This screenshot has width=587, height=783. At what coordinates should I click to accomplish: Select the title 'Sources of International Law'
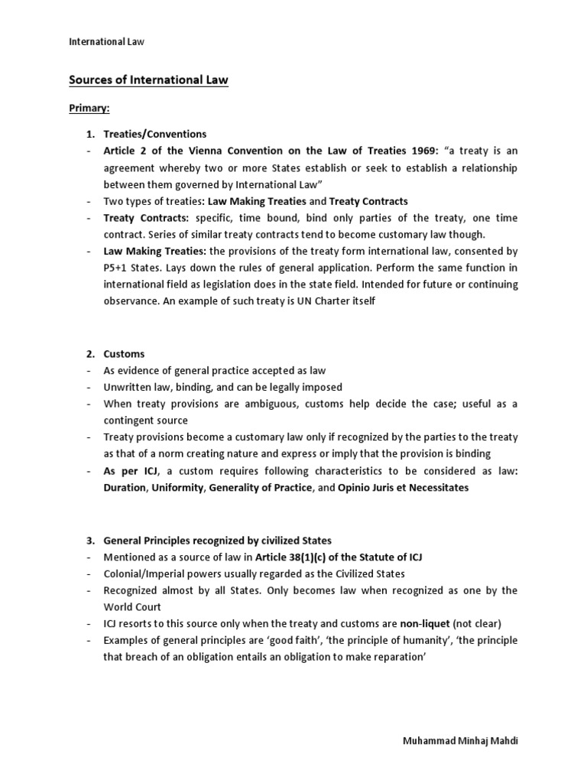coord(149,80)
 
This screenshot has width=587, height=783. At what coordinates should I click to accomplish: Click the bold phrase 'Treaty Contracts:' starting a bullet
coord(145,218)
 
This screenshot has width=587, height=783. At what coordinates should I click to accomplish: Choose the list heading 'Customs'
coord(124,354)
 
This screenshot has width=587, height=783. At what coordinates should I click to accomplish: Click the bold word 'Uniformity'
coord(177,488)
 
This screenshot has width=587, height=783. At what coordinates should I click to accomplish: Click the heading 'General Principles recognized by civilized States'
coord(217,541)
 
